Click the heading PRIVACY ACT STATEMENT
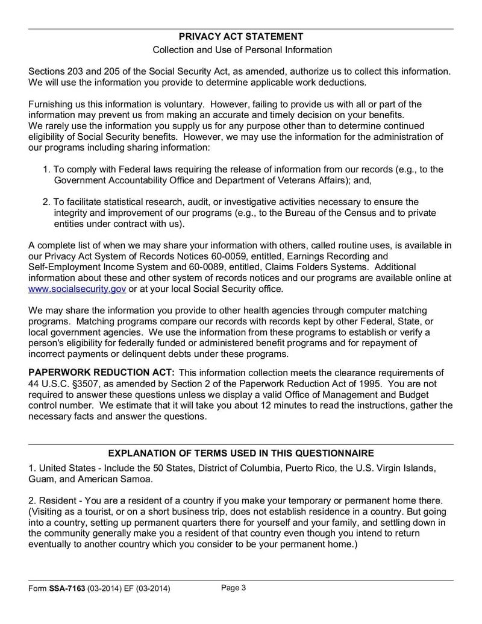(241, 37)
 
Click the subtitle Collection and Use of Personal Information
(241, 49)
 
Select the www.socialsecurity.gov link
(77, 289)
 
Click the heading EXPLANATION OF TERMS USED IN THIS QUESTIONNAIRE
(241, 453)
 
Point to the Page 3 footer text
(234, 588)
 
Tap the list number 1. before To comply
(47, 169)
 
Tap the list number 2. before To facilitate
(47, 202)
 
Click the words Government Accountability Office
(117, 180)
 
